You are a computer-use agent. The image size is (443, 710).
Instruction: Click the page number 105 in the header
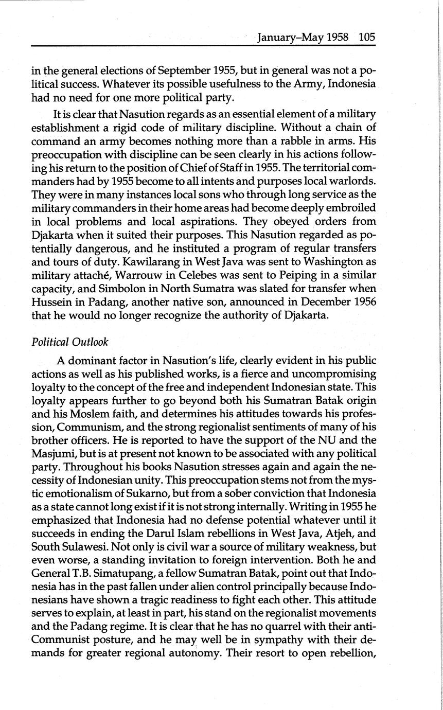tap(367, 38)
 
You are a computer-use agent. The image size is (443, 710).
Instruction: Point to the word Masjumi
tap(52, 454)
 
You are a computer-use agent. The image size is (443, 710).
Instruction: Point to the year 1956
tap(362, 302)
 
